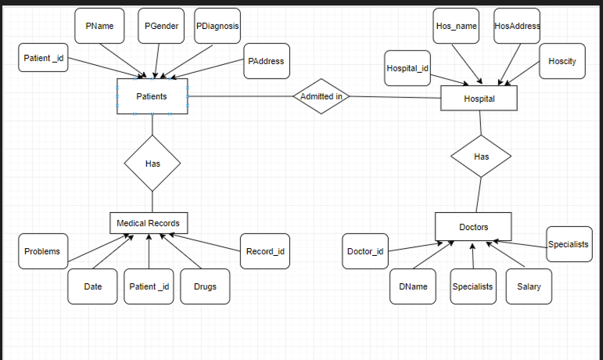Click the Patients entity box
pos(153,96)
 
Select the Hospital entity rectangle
pos(479,99)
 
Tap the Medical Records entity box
pos(149,223)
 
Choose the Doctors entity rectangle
pos(473,227)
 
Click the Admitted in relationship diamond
pos(321,96)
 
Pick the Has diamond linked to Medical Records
pos(153,164)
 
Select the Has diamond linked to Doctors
pos(481,157)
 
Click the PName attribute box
pos(99,26)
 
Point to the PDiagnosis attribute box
pos(217,26)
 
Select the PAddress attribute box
pos(266,61)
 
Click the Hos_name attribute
pos(456,26)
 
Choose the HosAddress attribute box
pos(517,26)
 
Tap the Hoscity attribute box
pos(562,61)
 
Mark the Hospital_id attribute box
pos(407,68)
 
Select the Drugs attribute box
pos(204,286)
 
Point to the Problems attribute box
pos(42,251)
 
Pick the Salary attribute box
pos(529,286)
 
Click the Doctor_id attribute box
pos(365,251)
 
